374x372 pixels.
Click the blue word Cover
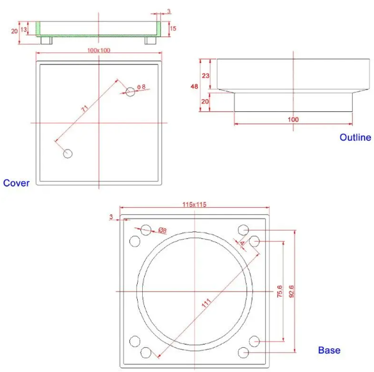pos(16,183)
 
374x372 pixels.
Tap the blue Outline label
pos(355,137)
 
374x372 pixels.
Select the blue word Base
pos(329,350)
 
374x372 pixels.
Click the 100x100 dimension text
pos(99,50)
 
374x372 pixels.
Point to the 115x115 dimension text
pos(195,205)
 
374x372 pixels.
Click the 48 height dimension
pos(194,86)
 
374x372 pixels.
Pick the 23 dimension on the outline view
pos(206,75)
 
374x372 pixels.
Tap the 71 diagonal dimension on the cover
pos(85,109)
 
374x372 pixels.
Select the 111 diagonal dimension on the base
pos(206,303)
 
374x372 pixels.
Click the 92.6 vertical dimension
pos(291,291)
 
